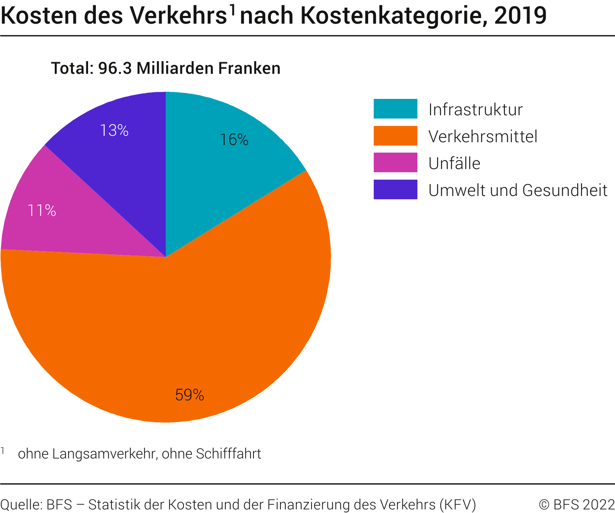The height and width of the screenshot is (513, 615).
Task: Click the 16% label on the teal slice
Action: (x=234, y=140)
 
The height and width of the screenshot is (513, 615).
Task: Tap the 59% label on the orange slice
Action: (x=189, y=395)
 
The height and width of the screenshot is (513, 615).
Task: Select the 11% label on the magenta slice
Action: (x=42, y=211)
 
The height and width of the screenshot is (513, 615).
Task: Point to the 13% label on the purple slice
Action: (x=114, y=130)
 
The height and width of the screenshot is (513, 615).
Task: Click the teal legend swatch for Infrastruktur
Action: (x=395, y=109)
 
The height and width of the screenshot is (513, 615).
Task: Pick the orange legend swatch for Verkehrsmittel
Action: (x=395, y=136)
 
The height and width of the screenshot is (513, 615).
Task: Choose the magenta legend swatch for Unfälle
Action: (x=395, y=163)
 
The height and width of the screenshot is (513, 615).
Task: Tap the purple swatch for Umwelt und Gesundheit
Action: (x=395, y=190)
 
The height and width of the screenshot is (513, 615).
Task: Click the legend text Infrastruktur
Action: (x=475, y=110)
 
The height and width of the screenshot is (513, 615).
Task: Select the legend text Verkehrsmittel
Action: (x=483, y=137)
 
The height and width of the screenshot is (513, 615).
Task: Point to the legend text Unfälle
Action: (x=454, y=163)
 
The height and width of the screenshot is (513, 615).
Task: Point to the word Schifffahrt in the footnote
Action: (x=228, y=454)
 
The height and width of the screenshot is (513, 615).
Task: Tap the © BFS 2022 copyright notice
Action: (x=577, y=504)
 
